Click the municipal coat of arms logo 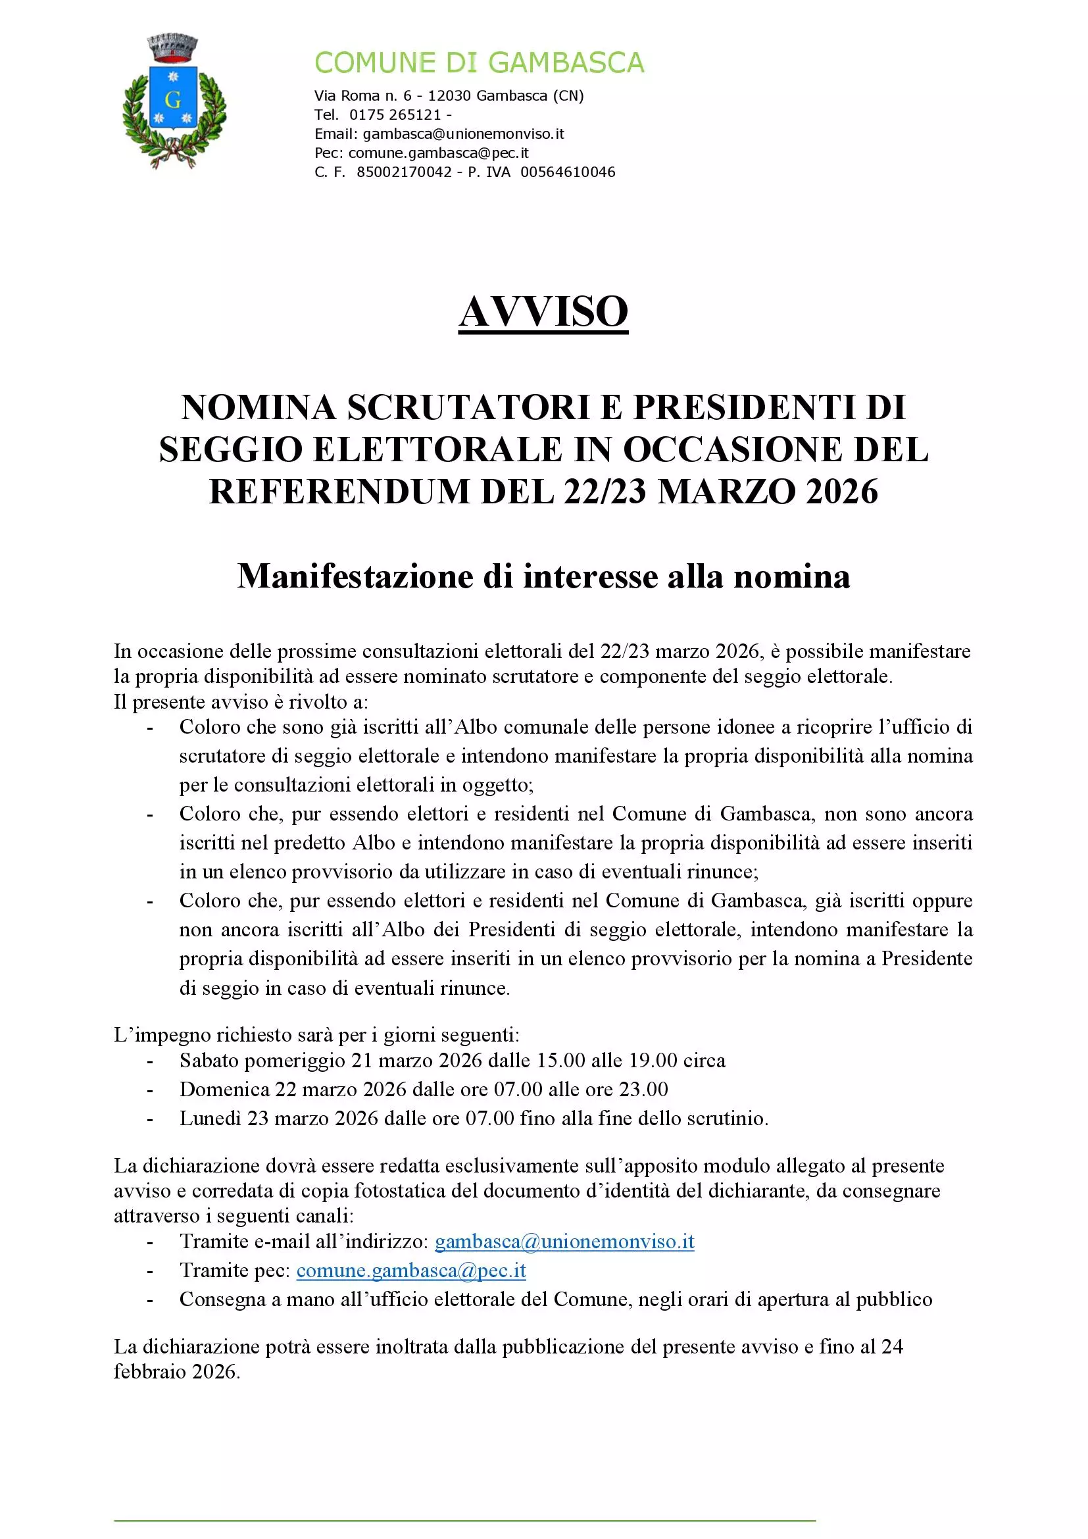coord(174,101)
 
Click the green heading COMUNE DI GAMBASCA coord(479,63)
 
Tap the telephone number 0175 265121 coord(395,114)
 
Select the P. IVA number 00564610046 coord(568,172)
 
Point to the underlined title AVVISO coord(543,312)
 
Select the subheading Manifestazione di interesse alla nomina coord(543,576)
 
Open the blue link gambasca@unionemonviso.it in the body coord(564,1242)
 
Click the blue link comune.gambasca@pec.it coord(410,1270)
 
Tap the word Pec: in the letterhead coord(329,153)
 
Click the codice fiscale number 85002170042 coord(404,172)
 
